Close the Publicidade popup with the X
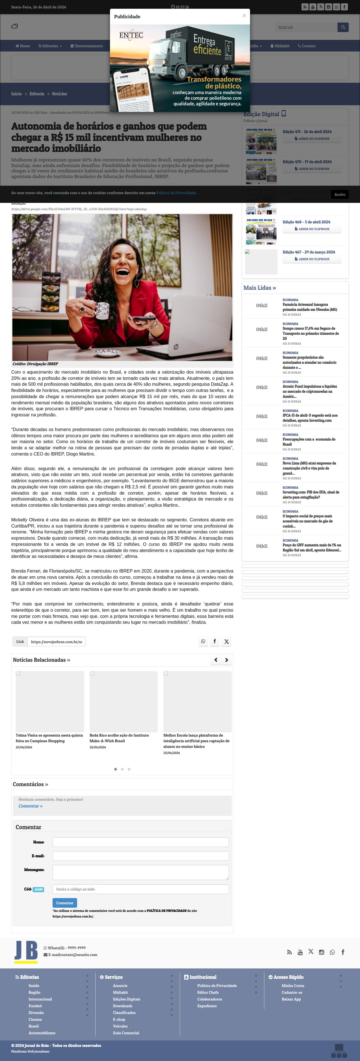pos(244,16)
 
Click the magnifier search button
pos(343,27)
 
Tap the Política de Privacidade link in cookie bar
pos(176,193)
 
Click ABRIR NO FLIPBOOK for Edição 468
pos(312,229)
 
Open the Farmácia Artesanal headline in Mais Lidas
pos(309,307)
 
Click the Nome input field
pos(140,842)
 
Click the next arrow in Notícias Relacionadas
pos(226,660)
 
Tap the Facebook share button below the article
pos(215,641)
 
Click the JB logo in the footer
pos(26,952)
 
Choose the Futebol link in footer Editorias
pos(35,1006)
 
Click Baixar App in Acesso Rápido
pos(291,999)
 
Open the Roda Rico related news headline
pos(120,738)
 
